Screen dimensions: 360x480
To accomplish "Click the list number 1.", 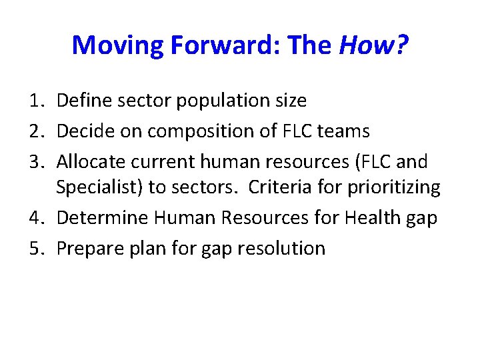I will coord(36,101).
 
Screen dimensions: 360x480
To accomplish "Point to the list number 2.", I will coord(36,131).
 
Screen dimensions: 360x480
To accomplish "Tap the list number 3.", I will coord(36,161).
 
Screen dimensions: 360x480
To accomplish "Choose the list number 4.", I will coord(36,219).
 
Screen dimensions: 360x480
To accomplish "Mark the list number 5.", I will coord(36,249).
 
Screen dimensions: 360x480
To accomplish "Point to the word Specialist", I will coord(97,189).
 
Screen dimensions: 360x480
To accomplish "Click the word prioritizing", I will coord(393,189).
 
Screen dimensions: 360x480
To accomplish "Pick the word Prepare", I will coord(87,249).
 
